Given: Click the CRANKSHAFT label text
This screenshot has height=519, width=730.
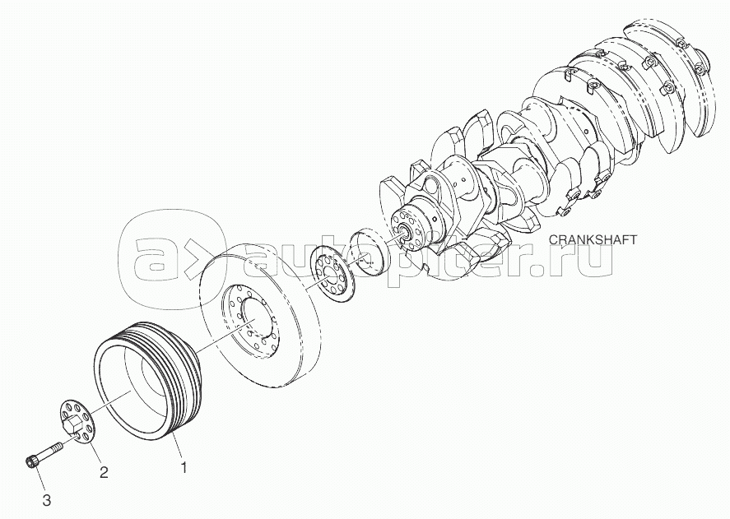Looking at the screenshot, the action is [x=593, y=239].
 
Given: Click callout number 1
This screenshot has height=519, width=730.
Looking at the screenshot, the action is [x=184, y=467].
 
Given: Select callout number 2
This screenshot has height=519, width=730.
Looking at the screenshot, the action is [x=104, y=472].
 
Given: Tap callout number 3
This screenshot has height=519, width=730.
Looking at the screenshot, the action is [x=46, y=500].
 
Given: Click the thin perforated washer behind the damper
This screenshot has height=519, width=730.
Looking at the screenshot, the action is [x=332, y=276].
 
